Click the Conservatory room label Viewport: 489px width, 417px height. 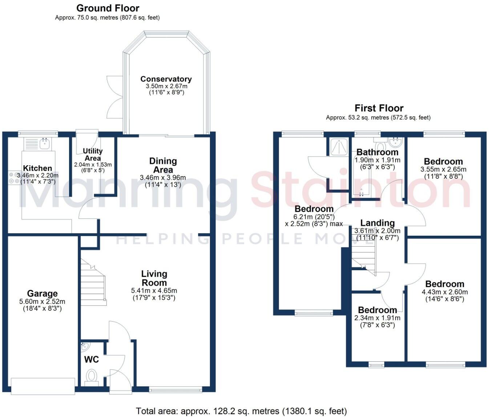coord(166,79)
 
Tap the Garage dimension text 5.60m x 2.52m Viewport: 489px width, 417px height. coord(43,301)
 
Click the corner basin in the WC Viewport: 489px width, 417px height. coord(85,346)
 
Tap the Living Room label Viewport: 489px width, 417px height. coord(154,278)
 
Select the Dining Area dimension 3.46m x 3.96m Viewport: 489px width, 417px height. coord(163,178)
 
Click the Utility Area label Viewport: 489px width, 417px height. coord(93,154)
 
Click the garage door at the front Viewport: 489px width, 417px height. coord(43,386)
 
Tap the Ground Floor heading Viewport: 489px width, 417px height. coord(108,8)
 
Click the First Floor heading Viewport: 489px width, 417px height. coord(379,108)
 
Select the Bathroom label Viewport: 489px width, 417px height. coord(377,152)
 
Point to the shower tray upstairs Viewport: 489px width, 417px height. coord(339,147)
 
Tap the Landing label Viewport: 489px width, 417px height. coord(377,223)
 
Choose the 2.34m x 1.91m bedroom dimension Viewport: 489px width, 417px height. coord(377,318)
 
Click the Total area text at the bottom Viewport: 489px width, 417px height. coord(241,411)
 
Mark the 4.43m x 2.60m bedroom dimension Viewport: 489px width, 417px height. coord(445,292)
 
